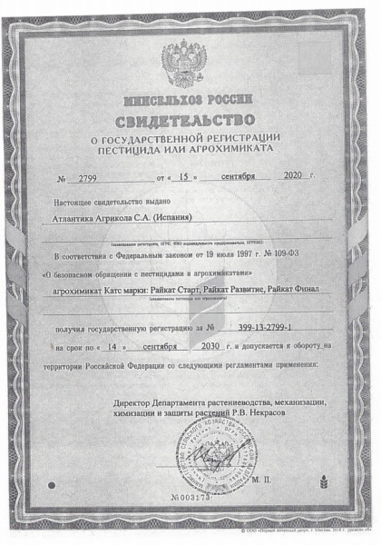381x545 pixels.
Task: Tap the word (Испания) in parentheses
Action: pyautogui.click(x=161, y=219)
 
